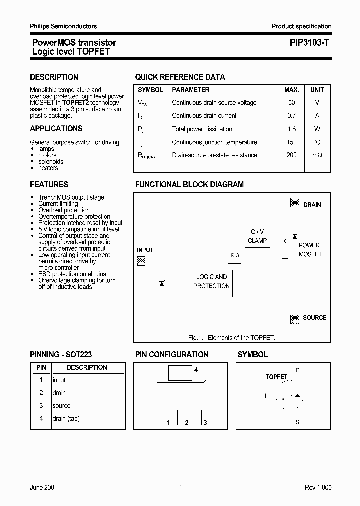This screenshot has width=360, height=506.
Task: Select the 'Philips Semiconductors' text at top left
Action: pyautogui.click(x=63, y=26)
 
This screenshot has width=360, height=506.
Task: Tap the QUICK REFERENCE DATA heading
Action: pyautogui.click(x=180, y=77)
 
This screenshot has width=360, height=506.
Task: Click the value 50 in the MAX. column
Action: pyautogui.click(x=291, y=103)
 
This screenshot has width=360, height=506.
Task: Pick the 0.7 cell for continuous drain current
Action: pyautogui.click(x=291, y=116)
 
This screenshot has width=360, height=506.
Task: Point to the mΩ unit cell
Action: pyautogui.click(x=317, y=155)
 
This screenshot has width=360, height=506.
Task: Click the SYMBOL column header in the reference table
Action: pyautogui.click(x=150, y=90)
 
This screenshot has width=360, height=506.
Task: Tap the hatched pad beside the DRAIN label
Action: pyautogui.click(x=295, y=203)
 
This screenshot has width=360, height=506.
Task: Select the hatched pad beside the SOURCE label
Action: pyautogui.click(x=295, y=319)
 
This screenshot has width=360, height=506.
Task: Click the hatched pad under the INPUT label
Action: pyautogui.click(x=141, y=260)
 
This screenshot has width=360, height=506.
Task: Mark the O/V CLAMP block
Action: pyautogui.click(x=257, y=236)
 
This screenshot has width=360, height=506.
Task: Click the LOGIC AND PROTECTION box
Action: pyautogui.click(x=211, y=281)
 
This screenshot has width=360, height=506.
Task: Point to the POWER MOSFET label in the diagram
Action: pyautogui.click(x=310, y=250)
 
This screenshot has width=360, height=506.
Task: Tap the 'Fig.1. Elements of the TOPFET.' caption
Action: pyautogui.click(x=232, y=338)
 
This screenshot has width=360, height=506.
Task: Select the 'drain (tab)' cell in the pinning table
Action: pyautogui.click(x=66, y=419)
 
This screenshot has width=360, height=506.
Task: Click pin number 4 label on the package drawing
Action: pyautogui.click(x=196, y=370)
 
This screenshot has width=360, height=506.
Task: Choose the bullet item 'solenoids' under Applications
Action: pyautogui.click(x=51, y=162)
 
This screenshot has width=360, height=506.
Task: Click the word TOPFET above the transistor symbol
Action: pyautogui.click(x=276, y=377)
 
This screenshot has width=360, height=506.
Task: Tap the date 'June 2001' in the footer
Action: pyautogui.click(x=43, y=488)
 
